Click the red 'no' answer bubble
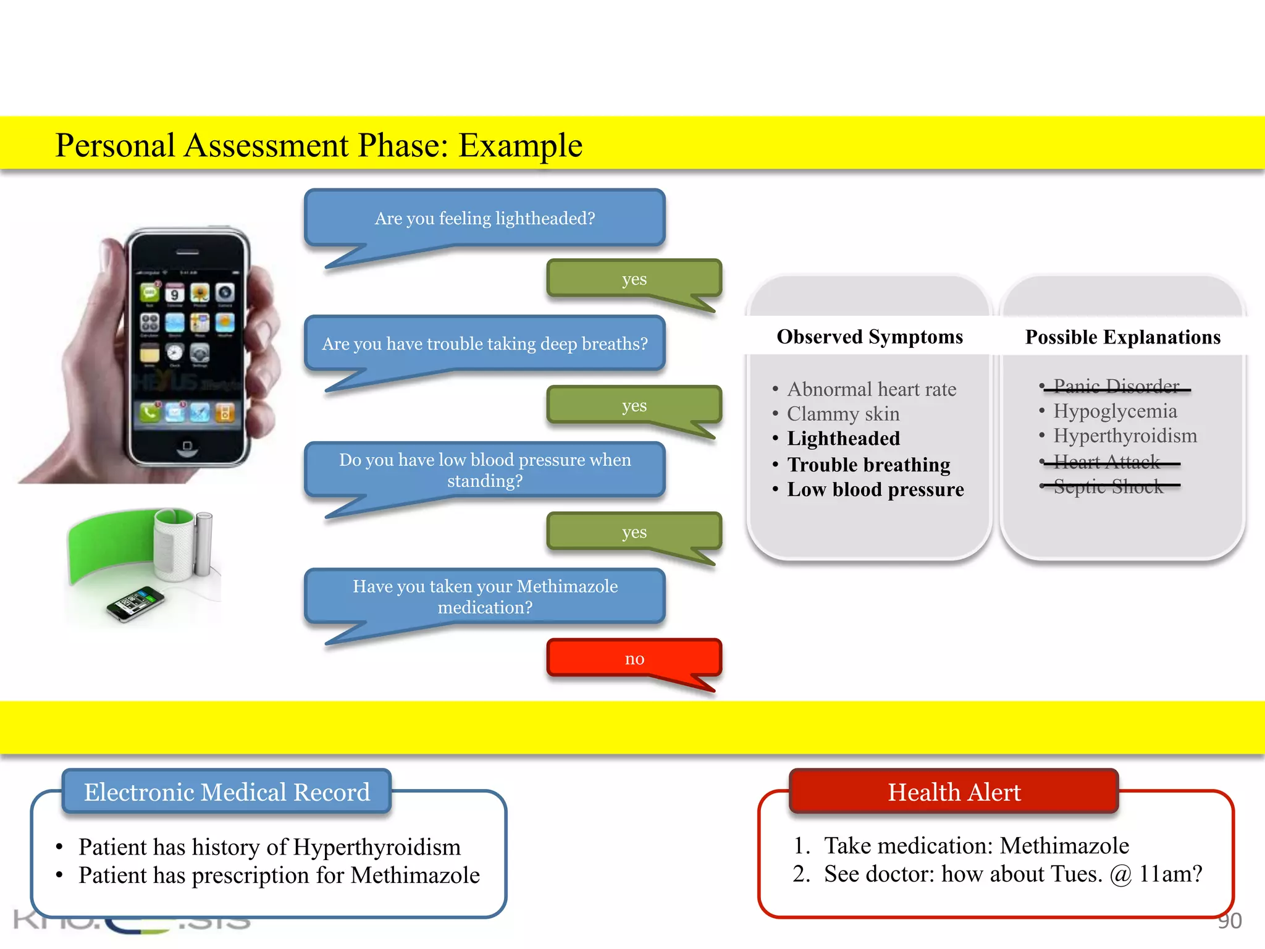[634, 659]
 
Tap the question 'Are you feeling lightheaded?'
[485, 219]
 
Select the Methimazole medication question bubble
[485, 597]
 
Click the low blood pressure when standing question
[485, 470]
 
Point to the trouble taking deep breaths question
[485, 344]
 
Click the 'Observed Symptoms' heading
[870, 337]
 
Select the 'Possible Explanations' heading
[1123, 337]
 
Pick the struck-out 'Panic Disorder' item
[1116, 386]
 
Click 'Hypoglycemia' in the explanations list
[1115, 411]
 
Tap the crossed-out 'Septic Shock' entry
[1108, 487]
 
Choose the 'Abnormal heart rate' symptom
[872, 389]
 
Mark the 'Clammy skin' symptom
[843, 414]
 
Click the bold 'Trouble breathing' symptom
[868, 465]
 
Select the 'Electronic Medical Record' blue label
[227, 792]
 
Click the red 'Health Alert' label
[954, 792]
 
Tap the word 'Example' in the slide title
[520, 146]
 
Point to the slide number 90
[1229, 921]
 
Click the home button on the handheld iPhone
[187, 446]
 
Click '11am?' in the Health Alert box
[1170, 874]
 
